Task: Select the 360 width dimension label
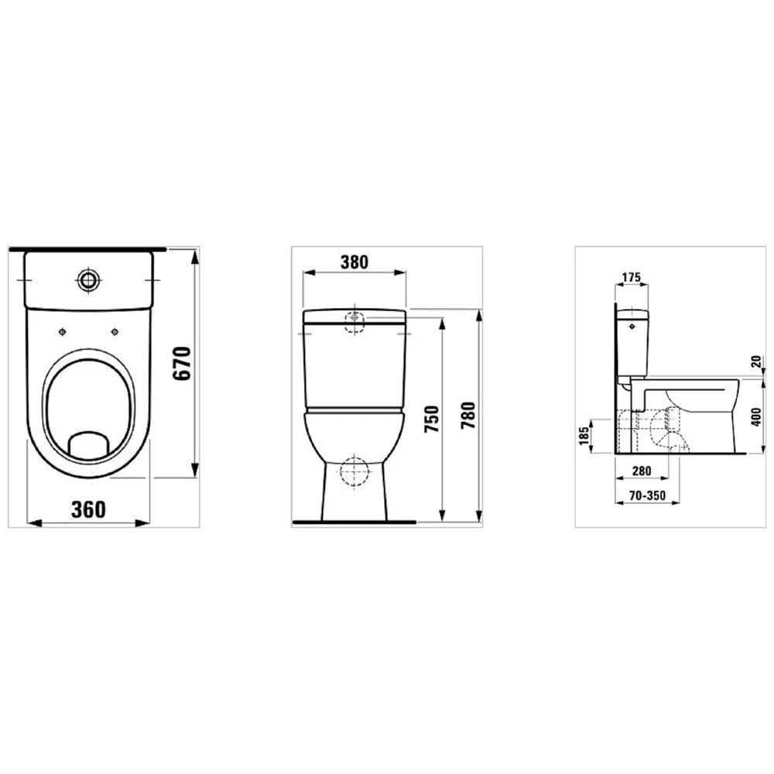click(x=88, y=509)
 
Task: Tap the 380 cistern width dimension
click(x=354, y=262)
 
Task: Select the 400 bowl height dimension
click(x=756, y=418)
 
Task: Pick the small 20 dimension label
click(x=756, y=361)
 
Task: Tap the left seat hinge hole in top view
click(x=61, y=331)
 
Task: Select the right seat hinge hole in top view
click(x=115, y=332)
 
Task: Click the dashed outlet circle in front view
click(x=354, y=471)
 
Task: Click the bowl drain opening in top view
click(x=87, y=444)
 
